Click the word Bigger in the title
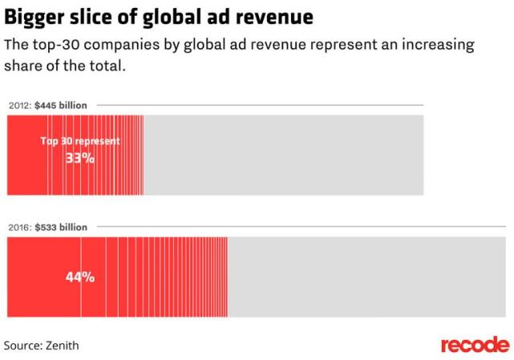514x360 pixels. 33,16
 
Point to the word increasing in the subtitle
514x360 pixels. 433,44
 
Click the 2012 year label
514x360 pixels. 19,105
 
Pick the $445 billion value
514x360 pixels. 61,105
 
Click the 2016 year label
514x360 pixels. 19,228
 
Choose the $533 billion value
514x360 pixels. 61,228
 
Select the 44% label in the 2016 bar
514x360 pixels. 80,278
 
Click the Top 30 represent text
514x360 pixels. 80,141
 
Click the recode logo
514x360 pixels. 475,345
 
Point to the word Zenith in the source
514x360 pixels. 62,346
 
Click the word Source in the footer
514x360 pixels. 22,346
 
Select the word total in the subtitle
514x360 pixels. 106,65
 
